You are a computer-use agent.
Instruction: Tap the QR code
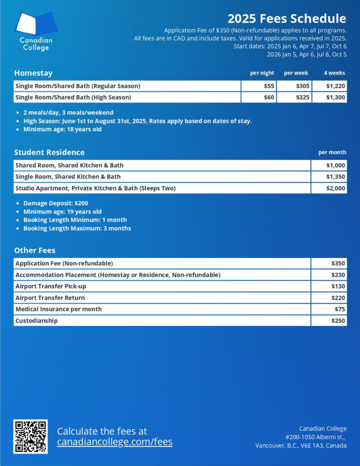30,436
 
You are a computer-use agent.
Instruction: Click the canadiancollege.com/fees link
115,442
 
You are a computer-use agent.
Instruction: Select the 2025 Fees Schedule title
287,19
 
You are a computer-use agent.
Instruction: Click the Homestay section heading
33,73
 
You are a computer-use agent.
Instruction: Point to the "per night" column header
262,73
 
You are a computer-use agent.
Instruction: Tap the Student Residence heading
49,152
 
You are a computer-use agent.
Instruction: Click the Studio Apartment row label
96,188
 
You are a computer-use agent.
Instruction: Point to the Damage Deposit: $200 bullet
56,203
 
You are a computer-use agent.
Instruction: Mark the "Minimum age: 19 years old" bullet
62,212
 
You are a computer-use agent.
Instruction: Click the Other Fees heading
35,250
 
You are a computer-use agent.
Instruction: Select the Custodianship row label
36,320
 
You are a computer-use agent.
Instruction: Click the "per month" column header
332,152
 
